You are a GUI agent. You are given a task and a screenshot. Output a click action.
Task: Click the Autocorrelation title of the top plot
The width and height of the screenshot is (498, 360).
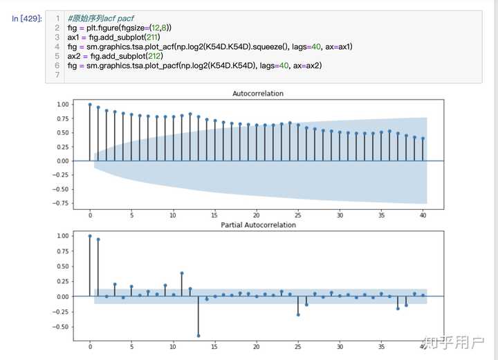(257, 93)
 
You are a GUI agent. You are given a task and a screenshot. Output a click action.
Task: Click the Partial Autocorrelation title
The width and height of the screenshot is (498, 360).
(257, 225)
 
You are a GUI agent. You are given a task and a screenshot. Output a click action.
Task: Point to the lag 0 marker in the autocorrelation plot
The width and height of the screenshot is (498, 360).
(90, 105)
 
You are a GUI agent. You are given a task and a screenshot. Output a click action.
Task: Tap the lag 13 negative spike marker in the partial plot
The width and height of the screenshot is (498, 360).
(199, 335)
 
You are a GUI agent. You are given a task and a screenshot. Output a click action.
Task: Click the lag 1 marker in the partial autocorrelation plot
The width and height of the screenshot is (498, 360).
(98, 240)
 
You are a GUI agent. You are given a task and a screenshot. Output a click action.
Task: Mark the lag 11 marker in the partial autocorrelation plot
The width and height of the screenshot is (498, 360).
(182, 273)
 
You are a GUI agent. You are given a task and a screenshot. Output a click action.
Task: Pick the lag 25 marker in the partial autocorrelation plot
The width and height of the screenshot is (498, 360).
(298, 314)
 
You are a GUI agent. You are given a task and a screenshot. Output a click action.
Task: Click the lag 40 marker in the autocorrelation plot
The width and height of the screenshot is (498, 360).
(423, 138)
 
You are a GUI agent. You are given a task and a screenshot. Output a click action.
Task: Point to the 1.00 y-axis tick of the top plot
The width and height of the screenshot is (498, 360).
(63, 105)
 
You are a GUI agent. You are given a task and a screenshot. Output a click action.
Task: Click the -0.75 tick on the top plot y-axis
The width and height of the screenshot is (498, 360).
(61, 204)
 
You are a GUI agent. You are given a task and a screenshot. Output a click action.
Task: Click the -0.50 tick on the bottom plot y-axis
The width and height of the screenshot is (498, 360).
(61, 327)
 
